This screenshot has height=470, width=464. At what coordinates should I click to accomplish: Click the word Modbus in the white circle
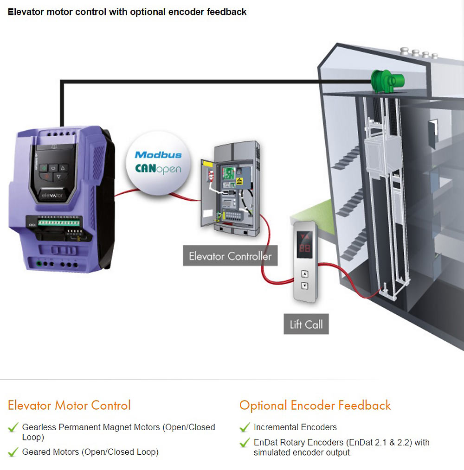click(158, 155)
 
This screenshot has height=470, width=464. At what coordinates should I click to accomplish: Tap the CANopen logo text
click(158, 168)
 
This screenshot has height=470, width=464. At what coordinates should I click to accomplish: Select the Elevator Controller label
click(230, 256)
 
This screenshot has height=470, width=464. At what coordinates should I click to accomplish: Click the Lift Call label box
click(306, 324)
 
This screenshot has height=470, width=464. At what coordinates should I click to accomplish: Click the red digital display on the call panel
click(305, 248)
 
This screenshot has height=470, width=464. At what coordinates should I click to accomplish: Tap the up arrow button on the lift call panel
click(304, 273)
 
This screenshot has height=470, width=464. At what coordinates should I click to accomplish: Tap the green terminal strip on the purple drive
click(58, 222)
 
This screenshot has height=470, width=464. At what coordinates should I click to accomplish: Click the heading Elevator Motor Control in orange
click(69, 405)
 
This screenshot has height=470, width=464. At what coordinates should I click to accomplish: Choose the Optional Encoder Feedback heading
click(315, 405)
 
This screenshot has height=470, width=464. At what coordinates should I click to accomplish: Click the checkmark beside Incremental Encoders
click(245, 427)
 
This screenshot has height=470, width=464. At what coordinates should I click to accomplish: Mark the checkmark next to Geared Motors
click(13, 452)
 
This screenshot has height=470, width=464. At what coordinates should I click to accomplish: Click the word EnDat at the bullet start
click(265, 442)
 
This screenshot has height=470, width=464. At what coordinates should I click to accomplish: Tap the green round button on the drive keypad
click(43, 168)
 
